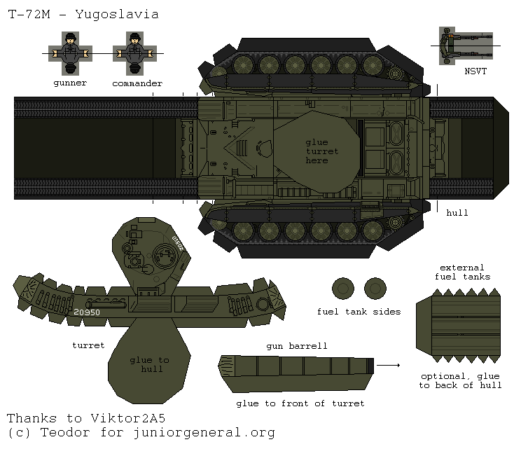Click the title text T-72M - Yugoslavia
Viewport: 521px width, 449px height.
click(x=83, y=14)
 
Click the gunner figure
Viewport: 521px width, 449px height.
click(x=70, y=53)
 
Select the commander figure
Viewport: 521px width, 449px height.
click(x=136, y=53)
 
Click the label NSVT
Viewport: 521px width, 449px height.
click(x=475, y=71)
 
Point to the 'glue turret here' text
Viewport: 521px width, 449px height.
click(x=321, y=151)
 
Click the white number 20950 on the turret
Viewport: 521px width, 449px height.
click(x=87, y=312)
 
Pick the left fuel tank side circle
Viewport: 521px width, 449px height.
click(x=342, y=288)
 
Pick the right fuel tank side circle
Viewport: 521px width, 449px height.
click(x=375, y=288)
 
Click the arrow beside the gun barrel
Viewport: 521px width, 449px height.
click(x=392, y=365)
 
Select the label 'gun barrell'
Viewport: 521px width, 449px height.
click(x=296, y=346)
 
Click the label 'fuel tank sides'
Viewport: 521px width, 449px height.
click(x=359, y=312)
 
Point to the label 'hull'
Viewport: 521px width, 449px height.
click(x=457, y=212)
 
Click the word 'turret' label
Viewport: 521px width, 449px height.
click(x=88, y=345)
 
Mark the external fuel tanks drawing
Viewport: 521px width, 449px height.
click(x=459, y=324)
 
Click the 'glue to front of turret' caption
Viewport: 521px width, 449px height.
click(x=300, y=403)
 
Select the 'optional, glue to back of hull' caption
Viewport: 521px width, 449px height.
click(x=460, y=380)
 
